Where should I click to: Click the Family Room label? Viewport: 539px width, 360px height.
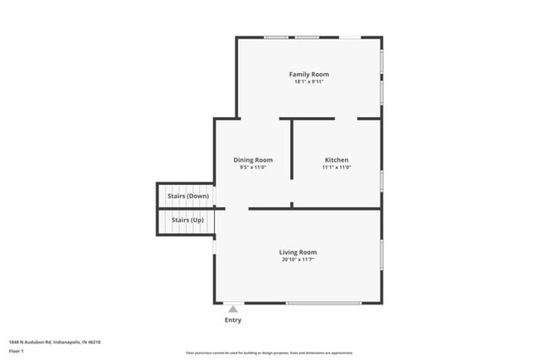pos(308,75)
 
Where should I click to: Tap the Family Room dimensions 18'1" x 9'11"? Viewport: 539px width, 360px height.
pos(308,82)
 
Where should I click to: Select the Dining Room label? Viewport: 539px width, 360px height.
pos(252,160)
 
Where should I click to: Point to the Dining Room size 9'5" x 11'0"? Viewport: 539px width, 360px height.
pos(252,168)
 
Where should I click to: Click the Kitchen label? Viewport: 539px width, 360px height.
pos(336,160)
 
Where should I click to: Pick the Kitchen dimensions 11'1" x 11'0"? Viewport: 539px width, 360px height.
pos(336,168)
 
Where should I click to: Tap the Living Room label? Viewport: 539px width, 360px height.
pos(297,252)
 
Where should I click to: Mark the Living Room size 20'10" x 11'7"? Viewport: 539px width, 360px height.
pos(297,260)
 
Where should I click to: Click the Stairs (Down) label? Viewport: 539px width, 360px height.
pos(187,196)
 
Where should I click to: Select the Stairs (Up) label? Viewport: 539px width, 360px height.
pos(187,220)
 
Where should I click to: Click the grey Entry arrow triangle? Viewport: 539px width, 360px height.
pos(233,309)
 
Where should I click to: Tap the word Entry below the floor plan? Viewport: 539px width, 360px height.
pos(233,320)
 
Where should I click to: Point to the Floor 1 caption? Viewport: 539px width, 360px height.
pos(17,351)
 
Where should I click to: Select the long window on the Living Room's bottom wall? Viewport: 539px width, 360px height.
pos(323,303)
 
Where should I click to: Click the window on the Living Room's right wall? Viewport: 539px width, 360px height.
pos(381,256)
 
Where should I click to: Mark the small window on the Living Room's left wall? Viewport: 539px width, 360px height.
pos(215,246)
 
